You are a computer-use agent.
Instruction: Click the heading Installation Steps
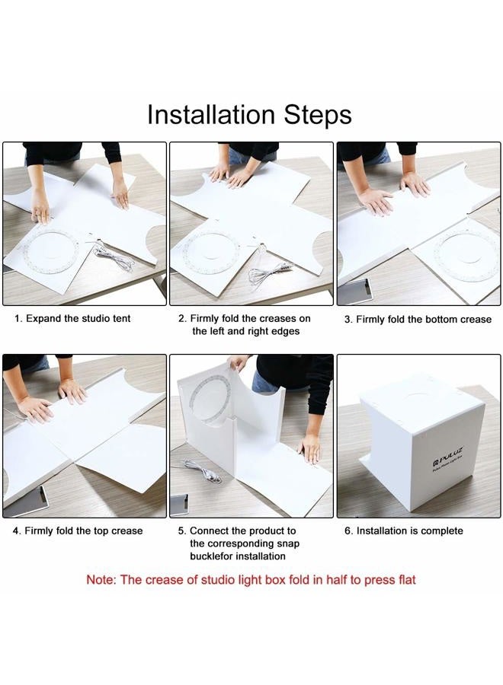tap(249, 114)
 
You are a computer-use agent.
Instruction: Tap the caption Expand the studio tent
tap(72, 318)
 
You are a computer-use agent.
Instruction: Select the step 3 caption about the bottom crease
tap(418, 320)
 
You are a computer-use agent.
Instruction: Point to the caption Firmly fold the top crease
tap(78, 530)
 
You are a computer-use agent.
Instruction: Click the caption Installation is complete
tap(404, 530)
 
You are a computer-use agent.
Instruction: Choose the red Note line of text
tap(251, 580)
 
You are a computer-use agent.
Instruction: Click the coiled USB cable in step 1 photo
tap(114, 258)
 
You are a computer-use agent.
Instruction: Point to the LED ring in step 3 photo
tap(466, 256)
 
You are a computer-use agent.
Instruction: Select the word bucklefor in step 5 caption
tap(212, 556)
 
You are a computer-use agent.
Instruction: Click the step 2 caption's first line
tap(244, 318)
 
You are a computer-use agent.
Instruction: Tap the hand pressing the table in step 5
tap(311, 448)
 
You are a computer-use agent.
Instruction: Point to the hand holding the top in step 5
tap(239, 362)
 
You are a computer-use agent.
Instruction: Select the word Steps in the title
tap(318, 114)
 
